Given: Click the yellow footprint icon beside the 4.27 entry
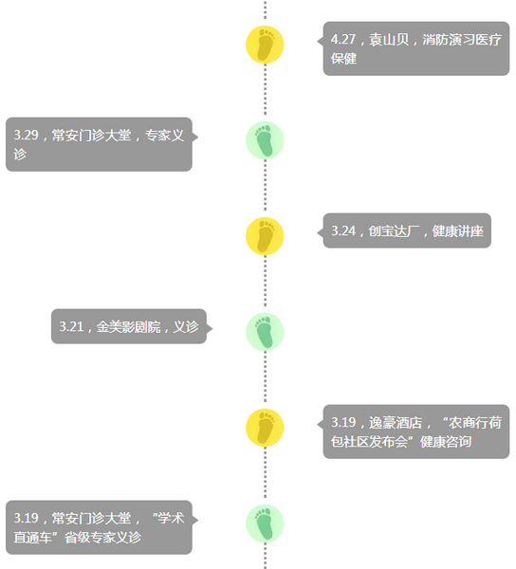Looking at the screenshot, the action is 265,45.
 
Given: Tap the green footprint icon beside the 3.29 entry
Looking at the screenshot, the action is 265,140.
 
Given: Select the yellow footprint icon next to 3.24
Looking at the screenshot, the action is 265,236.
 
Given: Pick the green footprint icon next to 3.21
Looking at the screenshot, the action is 265,332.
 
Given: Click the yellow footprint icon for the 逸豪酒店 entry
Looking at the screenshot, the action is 265,428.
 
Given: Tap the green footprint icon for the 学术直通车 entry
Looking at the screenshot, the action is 265,523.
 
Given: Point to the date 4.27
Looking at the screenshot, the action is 343,39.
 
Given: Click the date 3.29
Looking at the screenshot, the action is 27,135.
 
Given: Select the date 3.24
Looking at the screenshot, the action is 343,230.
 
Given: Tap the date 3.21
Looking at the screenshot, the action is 71,326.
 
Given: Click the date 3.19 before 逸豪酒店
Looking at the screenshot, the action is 343,422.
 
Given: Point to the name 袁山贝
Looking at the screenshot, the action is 389,39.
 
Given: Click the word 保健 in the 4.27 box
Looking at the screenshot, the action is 343,59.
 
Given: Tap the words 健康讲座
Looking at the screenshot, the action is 458,230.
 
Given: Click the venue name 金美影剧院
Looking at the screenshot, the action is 128,326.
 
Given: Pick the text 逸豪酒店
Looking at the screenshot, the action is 396,422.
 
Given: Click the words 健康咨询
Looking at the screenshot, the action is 446,442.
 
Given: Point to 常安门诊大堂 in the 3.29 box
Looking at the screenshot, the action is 91,135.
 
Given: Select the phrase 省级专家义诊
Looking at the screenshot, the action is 102,538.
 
